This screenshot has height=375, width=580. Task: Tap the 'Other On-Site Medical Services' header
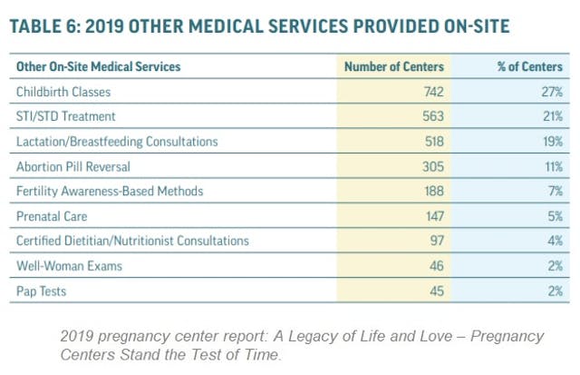(x=98, y=66)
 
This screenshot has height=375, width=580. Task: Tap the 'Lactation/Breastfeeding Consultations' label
(x=117, y=143)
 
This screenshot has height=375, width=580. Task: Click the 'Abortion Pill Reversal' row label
(x=73, y=167)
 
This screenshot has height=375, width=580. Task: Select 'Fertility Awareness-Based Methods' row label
(x=108, y=192)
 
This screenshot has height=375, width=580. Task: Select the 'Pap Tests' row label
(x=42, y=291)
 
